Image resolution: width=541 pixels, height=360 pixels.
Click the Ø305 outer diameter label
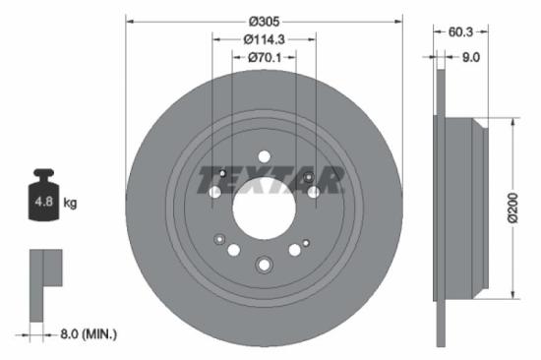point(265,21)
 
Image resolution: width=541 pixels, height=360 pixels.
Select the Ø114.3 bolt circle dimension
point(264,38)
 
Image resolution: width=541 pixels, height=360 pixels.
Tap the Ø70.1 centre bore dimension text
point(265,57)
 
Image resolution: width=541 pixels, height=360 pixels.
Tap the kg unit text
point(70,204)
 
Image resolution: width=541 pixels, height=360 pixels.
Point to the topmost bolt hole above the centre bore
point(264,154)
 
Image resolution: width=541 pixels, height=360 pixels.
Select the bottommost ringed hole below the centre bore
point(264,264)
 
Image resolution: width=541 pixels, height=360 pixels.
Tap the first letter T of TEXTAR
point(210,181)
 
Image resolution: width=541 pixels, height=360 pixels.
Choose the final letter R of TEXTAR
point(331,181)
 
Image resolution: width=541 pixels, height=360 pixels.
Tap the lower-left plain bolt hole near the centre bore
point(234,250)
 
